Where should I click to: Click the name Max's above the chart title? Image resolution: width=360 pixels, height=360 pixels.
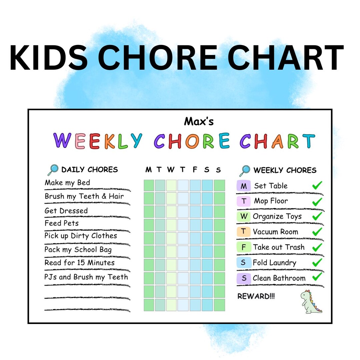pyautogui.click(x=199, y=121)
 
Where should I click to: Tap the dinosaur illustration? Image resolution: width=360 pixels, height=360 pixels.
pyautogui.click(x=311, y=302)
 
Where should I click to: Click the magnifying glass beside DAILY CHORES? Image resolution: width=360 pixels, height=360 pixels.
pyautogui.click(x=52, y=170)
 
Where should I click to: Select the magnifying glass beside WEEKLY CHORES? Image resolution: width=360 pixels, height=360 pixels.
pyautogui.click(x=244, y=171)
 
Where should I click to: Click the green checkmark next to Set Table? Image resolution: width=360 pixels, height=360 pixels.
pyautogui.click(x=317, y=185)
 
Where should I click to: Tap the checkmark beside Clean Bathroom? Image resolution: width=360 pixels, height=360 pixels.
pyautogui.click(x=317, y=277)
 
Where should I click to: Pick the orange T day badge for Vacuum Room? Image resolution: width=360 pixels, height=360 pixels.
pyautogui.click(x=244, y=232)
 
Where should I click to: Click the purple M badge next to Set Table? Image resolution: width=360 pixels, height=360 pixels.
pyautogui.click(x=244, y=186)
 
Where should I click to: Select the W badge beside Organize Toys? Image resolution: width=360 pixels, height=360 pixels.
pyautogui.click(x=244, y=216)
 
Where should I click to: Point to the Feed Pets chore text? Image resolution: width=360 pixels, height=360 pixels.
pyautogui.click(x=62, y=223)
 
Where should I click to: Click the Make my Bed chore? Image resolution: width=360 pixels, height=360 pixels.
pyautogui.click(x=67, y=183)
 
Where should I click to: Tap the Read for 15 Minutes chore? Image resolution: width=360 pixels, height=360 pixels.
pyautogui.click(x=80, y=263)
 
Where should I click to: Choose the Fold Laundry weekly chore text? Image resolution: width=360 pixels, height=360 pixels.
pyautogui.click(x=274, y=263)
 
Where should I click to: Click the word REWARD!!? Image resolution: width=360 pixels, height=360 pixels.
pyautogui.click(x=256, y=296)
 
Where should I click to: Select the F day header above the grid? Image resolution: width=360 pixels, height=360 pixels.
pyautogui.click(x=195, y=170)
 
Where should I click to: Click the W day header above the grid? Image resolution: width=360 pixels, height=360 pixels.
pyautogui.click(x=171, y=170)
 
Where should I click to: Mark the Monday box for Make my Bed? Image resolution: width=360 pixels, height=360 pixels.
pyautogui.click(x=149, y=185)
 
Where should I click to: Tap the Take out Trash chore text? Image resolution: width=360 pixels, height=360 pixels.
pyautogui.click(x=279, y=247)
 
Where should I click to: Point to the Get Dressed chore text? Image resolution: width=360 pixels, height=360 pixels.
pyautogui.click(x=66, y=211)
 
